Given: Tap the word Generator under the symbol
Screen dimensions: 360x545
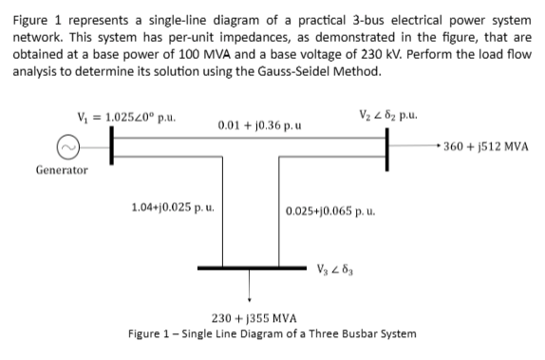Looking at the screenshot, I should (x=63, y=170).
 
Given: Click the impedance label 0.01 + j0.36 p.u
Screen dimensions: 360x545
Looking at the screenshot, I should (x=251, y=124).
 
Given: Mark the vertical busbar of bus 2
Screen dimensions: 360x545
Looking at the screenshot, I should (x=387, y=150).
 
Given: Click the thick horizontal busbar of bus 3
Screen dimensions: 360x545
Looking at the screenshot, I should (x=250, y=268).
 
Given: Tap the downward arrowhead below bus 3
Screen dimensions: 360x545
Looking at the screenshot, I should (x=250, y=296).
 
